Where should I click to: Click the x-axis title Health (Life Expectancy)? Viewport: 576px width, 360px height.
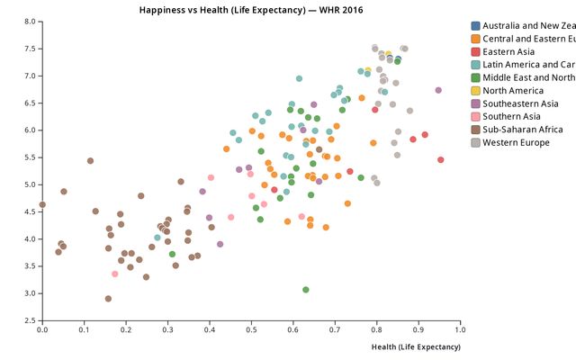[415, 346]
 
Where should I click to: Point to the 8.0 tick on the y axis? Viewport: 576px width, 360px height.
[30, 22]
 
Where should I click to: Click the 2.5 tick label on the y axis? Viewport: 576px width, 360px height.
[30, 320]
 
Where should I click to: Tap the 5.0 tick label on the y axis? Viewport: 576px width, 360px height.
[30, 184]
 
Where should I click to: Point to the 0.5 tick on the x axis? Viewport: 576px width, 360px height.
[251, 330]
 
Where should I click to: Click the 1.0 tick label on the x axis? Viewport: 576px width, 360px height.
[460, 330]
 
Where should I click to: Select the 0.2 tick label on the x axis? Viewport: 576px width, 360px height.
[126, 330]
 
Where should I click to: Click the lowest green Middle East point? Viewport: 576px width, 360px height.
[306, 290]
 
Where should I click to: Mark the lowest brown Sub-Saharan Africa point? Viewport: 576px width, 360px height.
[108, 299]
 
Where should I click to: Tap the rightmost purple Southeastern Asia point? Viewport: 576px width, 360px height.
[438, 91]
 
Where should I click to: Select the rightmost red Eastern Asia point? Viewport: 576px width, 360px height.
[441, 160]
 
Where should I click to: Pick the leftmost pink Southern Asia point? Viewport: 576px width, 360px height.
[115, 274]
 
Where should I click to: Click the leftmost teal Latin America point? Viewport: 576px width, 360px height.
[157, 238]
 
